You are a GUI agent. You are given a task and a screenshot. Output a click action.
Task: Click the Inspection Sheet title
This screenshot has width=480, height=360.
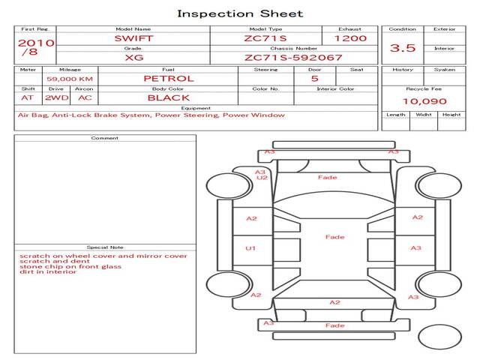pyautogui.click(x=240, y=14)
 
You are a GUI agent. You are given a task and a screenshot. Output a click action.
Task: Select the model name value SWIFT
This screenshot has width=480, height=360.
pyautogui.click(x=133, y=38)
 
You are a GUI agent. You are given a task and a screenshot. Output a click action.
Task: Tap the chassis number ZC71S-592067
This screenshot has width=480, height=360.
pyautogui.click(x=293, y=58)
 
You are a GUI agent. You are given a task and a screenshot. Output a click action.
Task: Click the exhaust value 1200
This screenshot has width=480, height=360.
pyautogui.click(x=350, y=38)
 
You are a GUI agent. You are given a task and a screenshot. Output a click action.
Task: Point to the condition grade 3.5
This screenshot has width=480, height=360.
pyautogui.click(x=403, y=48)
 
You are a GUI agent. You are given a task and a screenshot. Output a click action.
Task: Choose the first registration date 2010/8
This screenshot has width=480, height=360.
pyautogui.click(x=36, y=47)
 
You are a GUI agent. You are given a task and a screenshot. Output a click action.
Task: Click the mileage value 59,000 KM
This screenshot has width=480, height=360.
pyautogui.click(x=70, y=79)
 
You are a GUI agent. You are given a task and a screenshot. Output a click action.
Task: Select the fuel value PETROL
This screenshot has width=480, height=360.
pyautogui.click(x=169, y=79)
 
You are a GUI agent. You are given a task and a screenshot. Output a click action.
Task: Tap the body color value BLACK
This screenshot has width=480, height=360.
pyautogui.click(x=169, y=98)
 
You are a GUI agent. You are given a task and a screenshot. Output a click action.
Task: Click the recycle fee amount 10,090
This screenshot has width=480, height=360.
pyautogui.click(x=424, y=101)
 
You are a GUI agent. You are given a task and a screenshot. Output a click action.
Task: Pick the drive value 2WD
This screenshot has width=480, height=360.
pyautogui.click(x=57, y=98)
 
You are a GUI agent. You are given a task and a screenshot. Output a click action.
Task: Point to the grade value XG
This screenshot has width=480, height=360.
pyautogui.click(x=134, y=58)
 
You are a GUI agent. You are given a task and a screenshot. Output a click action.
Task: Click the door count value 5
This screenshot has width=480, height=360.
pyautogui.click(x=315, y=79)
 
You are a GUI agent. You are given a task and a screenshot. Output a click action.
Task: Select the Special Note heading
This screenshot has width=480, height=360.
pyautogui.click(x=105, y=247)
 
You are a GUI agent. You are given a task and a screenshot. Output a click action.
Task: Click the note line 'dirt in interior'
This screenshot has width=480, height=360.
pyautogui.click(x=48, y=271)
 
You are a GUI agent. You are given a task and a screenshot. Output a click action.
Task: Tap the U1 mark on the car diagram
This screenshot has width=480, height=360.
pyautogui.click(x=250, y=248)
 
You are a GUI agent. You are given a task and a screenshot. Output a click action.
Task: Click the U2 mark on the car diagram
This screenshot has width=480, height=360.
pyautogui.click(x=262, y=178)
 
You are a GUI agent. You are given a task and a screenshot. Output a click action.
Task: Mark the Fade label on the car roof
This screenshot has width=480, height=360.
pyautogui.click(x=335, y=237)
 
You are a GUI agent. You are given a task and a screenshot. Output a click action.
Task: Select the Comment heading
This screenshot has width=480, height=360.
pyautogui.click(x=105, y=138)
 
